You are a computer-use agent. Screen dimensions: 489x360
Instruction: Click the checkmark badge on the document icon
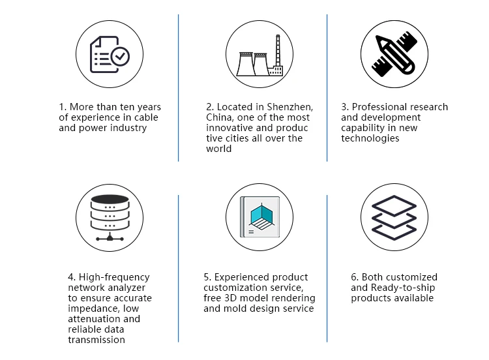[120, 57]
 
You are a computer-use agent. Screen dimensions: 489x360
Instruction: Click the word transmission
[96, 340]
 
